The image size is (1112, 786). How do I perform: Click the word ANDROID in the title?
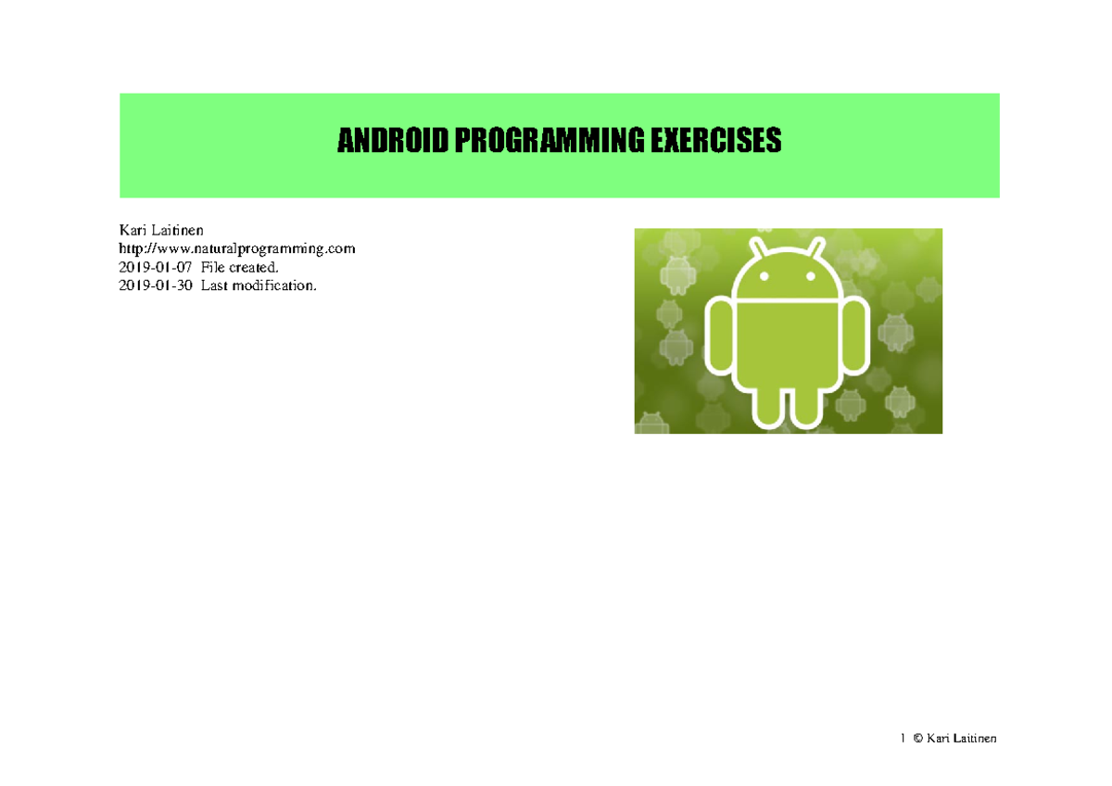[392, 142]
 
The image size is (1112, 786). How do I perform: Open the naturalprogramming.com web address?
[237, 248]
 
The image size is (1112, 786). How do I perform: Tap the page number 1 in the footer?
[902, 739]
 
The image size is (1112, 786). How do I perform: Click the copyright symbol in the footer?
[917, 739]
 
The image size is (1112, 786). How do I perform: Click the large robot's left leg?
[768, 406]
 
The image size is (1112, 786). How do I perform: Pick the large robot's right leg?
[807, 406]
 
